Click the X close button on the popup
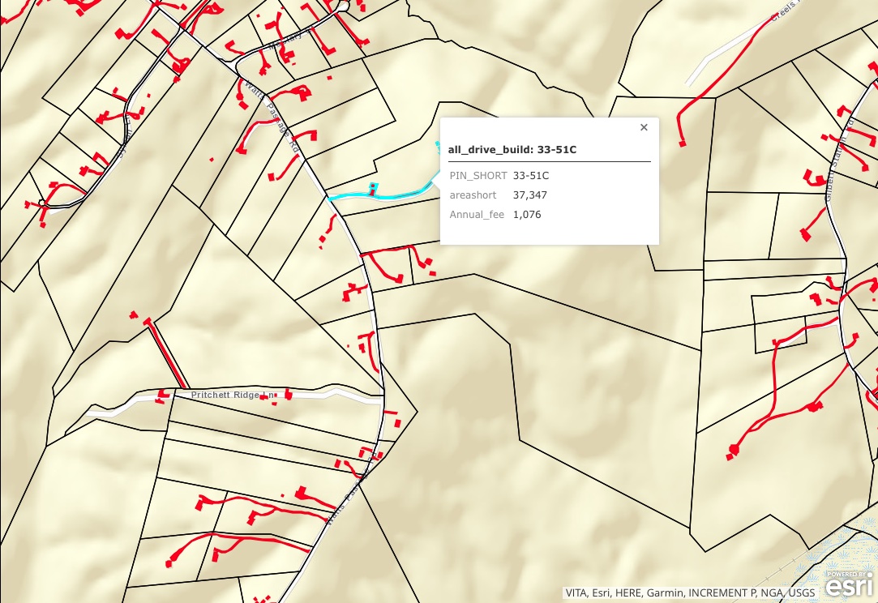(x=644, y=127)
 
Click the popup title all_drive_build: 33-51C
(x=512, y=150)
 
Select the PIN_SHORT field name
(x=478, y=176)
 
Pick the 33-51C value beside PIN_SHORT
(x=531, y=176)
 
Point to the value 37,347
(x=529, y=195)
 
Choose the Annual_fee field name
(x=477, y=215)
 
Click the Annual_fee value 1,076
(x=527, y=215)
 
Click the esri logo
(x=850, y=584)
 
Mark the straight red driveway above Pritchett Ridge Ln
(x=167, y=354)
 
